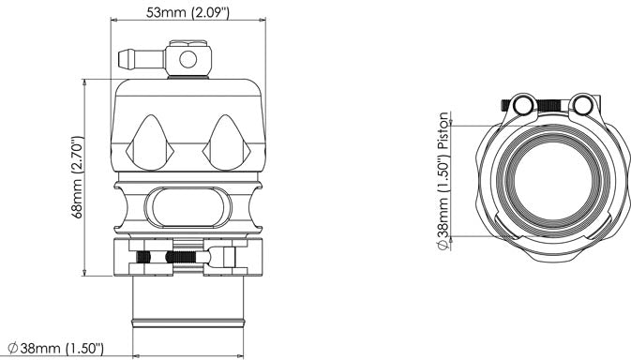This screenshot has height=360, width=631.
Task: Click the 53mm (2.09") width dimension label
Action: [x=188, y=12]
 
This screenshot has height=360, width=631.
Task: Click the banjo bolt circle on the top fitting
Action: [x=187, y=59]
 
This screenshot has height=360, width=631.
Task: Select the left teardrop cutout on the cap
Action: [x=150, y=140]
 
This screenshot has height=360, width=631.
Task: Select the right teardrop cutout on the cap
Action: [x=225, y=140]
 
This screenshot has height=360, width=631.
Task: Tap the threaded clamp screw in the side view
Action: [x=167, y=255]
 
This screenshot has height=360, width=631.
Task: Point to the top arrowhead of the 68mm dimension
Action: [x=86, y=82]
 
